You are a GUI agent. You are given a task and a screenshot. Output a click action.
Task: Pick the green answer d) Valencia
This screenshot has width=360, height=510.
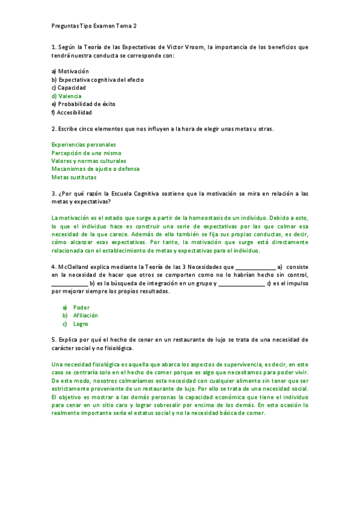pyautogui.click(x=67, y=96)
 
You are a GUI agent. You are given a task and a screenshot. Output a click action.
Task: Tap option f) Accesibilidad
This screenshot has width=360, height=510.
pyautogui.click(x=72, y=112)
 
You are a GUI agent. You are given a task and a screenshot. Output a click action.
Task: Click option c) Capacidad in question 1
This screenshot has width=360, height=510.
pyautogui.click(x=69, y=87)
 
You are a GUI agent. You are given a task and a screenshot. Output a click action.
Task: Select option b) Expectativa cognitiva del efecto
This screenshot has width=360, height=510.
pyautogui.click(x=97, y=79)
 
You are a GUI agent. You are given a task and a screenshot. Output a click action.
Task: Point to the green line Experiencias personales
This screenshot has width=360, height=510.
pyautogui.click(x=84, y=144)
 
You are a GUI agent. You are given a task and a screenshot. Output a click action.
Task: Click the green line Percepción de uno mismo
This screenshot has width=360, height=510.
pyautogui.click(x=86, y=153)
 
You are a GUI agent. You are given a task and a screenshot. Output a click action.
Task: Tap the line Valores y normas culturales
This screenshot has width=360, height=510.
pyautogui.click(x=89, y=161)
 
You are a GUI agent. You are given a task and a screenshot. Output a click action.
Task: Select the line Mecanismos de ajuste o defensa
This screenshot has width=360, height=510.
pyautogui.click(x=95, y=169)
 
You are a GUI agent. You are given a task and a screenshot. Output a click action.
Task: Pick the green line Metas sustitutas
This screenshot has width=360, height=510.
pyautogui.click(x=74, y=177)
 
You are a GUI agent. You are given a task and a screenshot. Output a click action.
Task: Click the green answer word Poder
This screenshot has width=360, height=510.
pyautogui.click(x=81, y=307)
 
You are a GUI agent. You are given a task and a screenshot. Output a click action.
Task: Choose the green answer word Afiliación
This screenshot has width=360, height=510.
pyautogui.click(x=85, y=315)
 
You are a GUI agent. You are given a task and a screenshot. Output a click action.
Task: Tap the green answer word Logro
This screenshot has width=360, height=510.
pyautogui.click(x=81, y=324)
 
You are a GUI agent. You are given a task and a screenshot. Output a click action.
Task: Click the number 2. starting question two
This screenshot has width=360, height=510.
pyautogui.click(x=53, y=128)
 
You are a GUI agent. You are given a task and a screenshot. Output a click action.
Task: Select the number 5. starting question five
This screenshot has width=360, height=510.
pyautogui.click(x=53, y=340)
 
